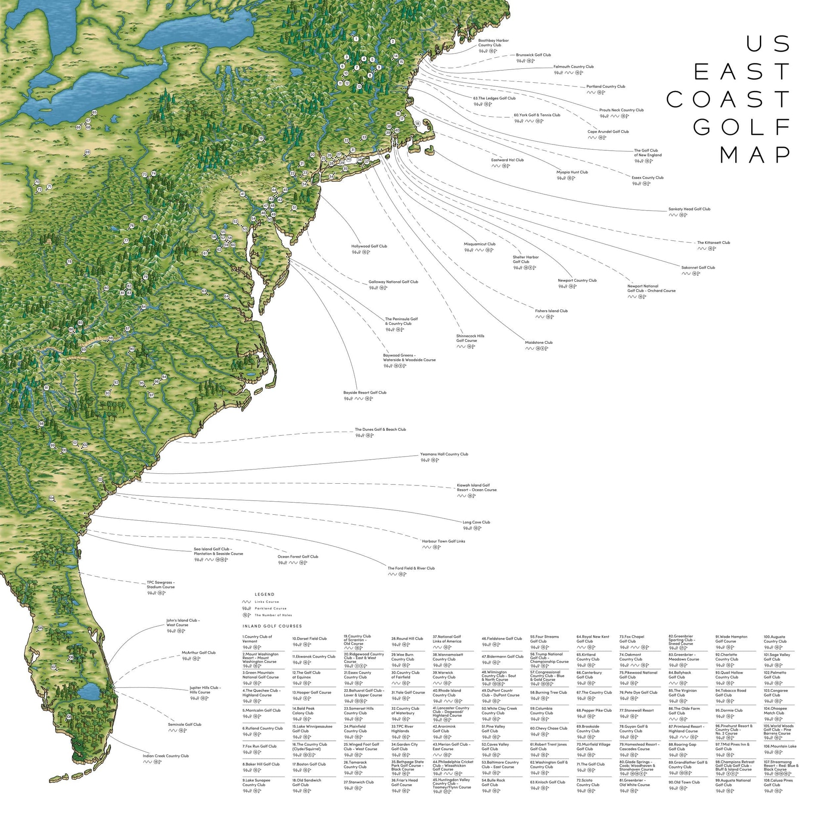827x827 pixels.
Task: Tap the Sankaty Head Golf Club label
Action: [689, 209]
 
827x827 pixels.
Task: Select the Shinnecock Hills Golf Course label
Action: [470, 338]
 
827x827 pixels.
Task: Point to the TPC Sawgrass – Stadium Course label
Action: [161, 584]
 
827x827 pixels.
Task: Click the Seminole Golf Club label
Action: [184, 724]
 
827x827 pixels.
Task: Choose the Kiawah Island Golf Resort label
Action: [476, 488]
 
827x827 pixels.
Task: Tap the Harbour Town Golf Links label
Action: [443, 541]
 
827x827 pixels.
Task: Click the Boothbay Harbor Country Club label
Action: [493, 43]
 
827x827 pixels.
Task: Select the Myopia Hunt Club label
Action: [572, 172]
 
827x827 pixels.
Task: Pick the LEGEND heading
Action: [264, 594]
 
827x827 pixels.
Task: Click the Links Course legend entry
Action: [267, 602]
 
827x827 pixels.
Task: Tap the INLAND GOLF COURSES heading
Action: [272, 626]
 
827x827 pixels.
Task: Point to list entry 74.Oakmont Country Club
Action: [631, 657]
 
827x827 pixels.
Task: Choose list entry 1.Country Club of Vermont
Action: [257, 639]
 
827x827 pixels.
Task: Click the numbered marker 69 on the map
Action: [87, 152]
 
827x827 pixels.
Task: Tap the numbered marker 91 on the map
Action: [47, 388]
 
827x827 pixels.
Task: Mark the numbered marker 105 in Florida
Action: [40, 628]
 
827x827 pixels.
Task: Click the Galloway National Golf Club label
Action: [393, 282]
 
